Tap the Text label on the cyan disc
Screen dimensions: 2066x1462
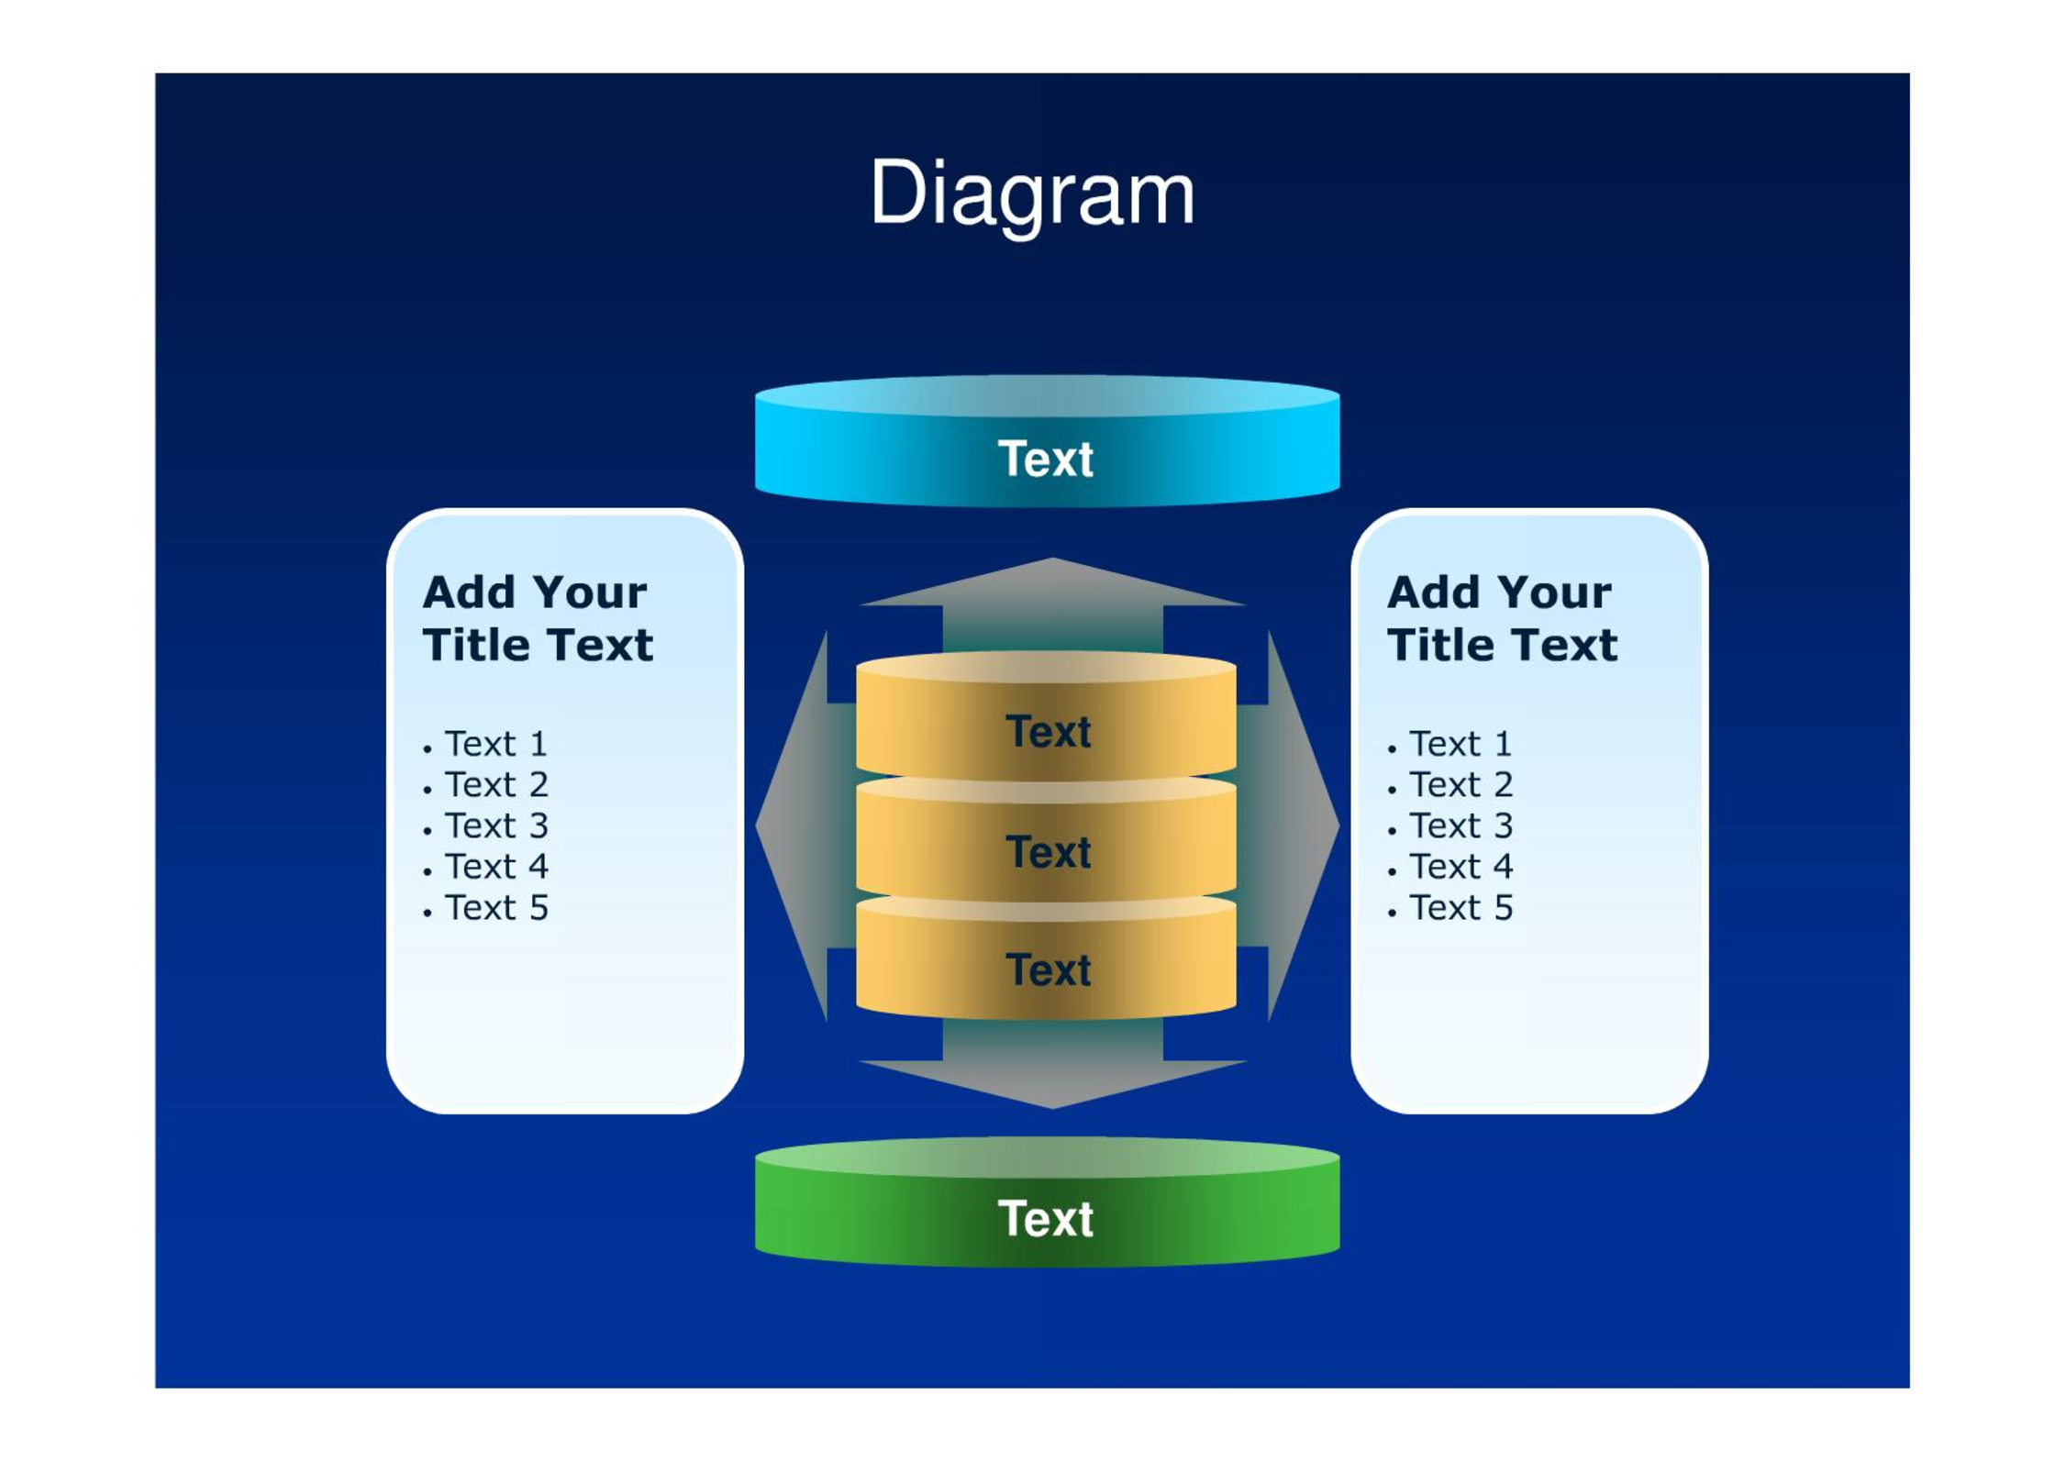1046,459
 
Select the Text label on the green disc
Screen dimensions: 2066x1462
1046,1219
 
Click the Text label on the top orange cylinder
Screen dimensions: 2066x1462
1049,732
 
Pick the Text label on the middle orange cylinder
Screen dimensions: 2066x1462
1049,852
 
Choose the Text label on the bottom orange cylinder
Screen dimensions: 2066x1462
1049,970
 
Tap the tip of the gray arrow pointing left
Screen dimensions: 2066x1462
756,825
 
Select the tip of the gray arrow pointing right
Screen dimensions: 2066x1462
1339,825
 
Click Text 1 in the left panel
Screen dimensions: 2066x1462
496,744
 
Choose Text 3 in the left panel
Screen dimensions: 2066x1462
496,825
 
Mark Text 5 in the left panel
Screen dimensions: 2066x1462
496,908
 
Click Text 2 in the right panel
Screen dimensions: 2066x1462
1461,785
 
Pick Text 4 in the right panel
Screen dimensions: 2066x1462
1461,867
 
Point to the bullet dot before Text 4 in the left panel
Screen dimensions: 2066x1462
428,871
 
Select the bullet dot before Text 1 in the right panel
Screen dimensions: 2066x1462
1393,749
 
